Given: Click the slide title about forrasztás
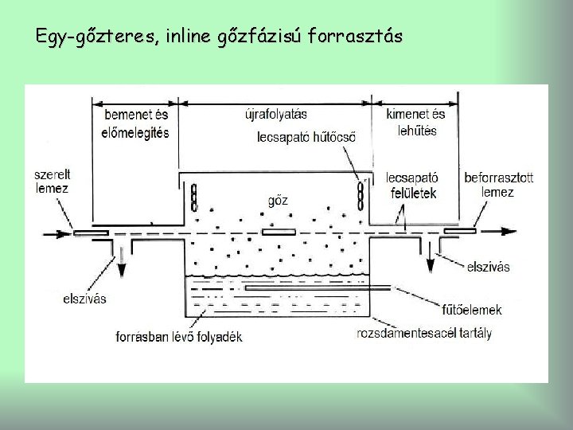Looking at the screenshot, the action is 219,37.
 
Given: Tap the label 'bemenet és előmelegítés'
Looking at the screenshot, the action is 136,123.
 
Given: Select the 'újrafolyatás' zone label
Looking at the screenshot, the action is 275,114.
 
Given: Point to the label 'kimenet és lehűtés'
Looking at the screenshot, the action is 415,122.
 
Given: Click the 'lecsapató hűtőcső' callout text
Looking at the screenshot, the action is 306,137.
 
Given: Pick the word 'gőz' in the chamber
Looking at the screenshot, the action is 278,200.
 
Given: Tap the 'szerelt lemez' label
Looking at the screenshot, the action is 52,182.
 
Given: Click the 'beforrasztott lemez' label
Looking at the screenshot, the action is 498,184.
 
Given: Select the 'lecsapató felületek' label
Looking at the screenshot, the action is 411,185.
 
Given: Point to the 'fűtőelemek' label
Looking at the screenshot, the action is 472,310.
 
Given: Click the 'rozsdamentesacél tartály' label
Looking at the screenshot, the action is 424,333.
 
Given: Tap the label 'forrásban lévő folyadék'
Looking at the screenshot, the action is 179,336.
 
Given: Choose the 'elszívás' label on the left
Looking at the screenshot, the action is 84,299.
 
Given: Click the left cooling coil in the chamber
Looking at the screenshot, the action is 194,196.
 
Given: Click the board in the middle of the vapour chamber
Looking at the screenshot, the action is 279,232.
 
